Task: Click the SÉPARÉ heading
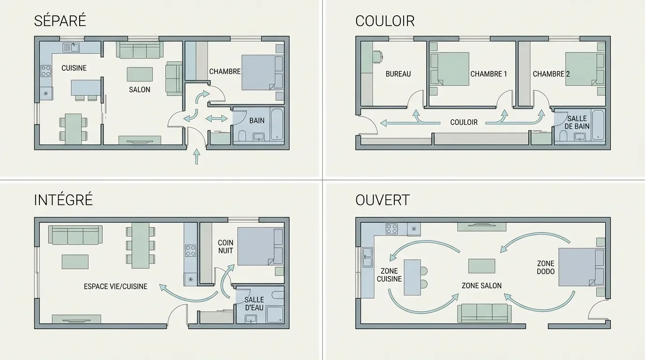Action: click(60, 21)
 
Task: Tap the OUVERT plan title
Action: click(382, 200)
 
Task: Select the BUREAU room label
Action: click(398, 74)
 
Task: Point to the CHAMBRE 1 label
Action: click(488, 74)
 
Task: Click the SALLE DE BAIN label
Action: click(577, 122)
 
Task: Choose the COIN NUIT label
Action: click(225, 247)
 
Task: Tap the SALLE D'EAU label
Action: click(254, 303)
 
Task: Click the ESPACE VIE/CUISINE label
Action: click(115, 286)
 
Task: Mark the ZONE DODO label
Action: click(546, 268)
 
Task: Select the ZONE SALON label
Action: click(481, 285)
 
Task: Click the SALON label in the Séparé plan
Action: click(140, 90)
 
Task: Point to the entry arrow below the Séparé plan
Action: click(196, 157)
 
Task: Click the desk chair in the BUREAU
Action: click(377, 56)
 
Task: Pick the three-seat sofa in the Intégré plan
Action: click(75, 235)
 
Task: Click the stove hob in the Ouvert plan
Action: click(392, 229)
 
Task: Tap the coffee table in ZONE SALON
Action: click(481, 266)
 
